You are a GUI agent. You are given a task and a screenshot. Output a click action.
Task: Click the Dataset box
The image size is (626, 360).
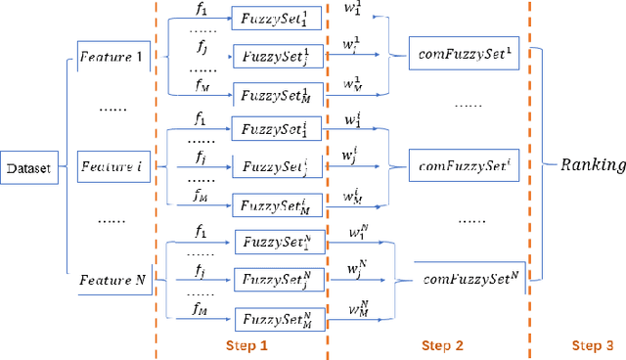click(28, 168)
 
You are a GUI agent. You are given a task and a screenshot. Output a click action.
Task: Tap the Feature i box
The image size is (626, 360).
click(110, 167)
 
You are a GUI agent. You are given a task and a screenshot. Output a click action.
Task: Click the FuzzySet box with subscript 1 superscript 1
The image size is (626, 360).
click(274, 18)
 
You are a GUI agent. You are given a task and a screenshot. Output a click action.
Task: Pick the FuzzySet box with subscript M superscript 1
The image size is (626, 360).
click(274, 95)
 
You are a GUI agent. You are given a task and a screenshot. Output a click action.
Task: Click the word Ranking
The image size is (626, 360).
click(592, 164)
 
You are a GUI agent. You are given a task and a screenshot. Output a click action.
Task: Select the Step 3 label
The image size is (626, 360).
click(593, 346)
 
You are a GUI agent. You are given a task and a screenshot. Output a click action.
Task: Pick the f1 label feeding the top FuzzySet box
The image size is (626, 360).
click(201, 10)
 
